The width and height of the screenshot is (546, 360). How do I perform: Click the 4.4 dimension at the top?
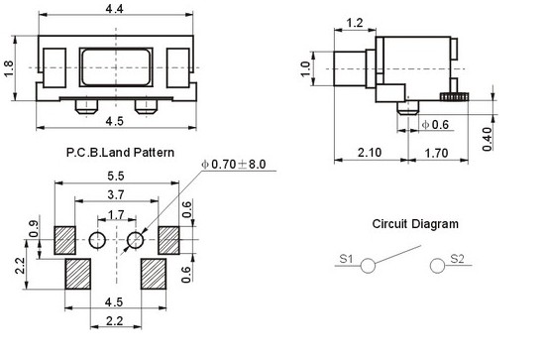pyautogui.click(x=115, y=8)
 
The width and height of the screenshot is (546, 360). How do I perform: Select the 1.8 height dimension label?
pyautogui.click(x=8, y=68)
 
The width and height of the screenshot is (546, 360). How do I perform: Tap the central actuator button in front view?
pyautogui.click(x=116, y=67)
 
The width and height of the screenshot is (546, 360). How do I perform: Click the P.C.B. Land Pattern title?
pyautogui.click(x=120, y=153)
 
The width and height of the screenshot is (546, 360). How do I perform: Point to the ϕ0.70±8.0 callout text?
pyautogui.click(x=234, y=165)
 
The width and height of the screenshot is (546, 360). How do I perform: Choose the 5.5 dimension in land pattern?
pyautogui.click(x=116, y=176)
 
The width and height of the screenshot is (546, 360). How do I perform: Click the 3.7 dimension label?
pyautogui.click(x=116, y=194)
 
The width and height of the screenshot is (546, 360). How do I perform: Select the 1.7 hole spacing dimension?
pyautogui.click(x=116, y=214)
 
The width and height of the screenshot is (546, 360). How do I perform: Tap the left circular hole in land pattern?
pyautogui.click(x=97, y=240)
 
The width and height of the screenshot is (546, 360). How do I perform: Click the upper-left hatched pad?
pyautogui.click(x=64, y=240)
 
